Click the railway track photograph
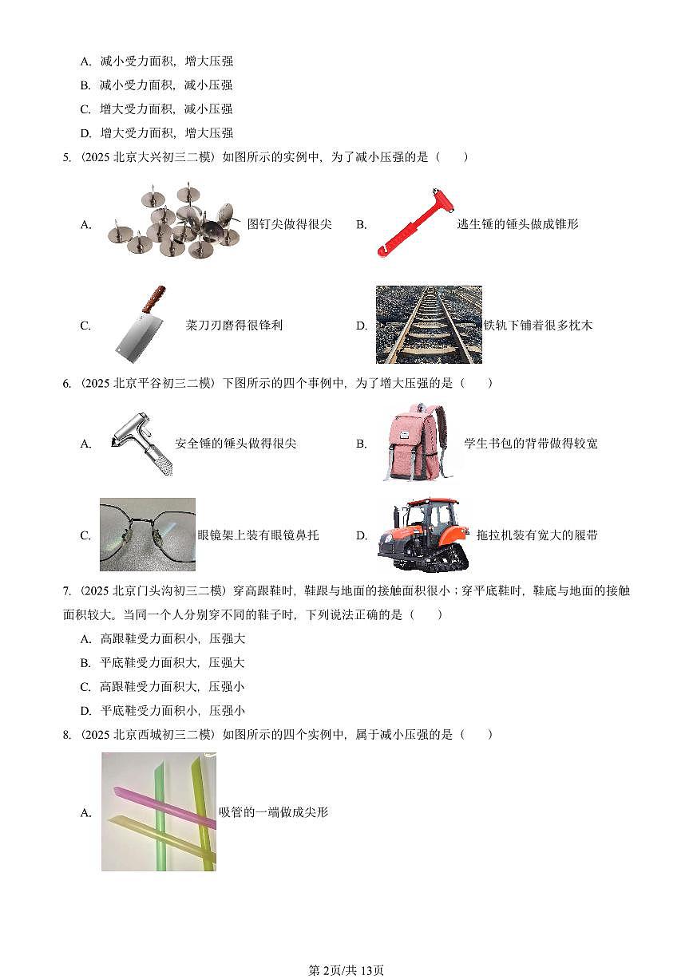coord(429,324)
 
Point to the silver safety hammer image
coord(141,443)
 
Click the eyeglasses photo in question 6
coord(148,535)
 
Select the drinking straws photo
coord(158,811)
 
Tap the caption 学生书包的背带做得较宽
coord(530,444)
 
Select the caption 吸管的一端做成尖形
coord(273,812)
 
